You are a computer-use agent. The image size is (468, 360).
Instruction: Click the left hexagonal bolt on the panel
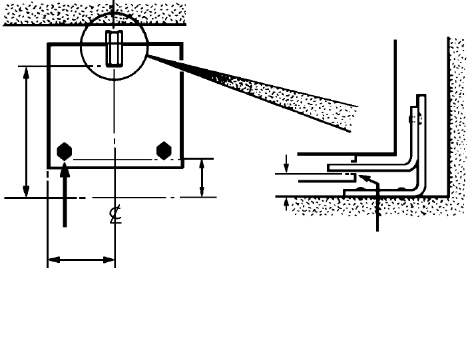pyautogui.click(x=65, y=151)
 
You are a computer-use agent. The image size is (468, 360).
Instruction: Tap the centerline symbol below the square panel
pyautogui.click(x=115, y=216)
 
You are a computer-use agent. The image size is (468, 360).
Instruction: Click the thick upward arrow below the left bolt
pyautogui.click(x=65, y=193)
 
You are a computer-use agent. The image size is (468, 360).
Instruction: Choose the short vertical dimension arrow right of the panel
pyautogui.click(x=202, y=178)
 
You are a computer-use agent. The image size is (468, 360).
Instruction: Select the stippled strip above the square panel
pyautogui.click(x=93, y=14)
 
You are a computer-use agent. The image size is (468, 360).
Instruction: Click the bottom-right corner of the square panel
pyautogui.click(x=182, y=168)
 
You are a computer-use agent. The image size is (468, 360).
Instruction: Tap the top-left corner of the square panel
pyautogui.click(x=48, y=44)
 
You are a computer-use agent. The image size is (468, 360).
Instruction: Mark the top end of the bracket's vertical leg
pyautogui.click(x=419, y=97)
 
